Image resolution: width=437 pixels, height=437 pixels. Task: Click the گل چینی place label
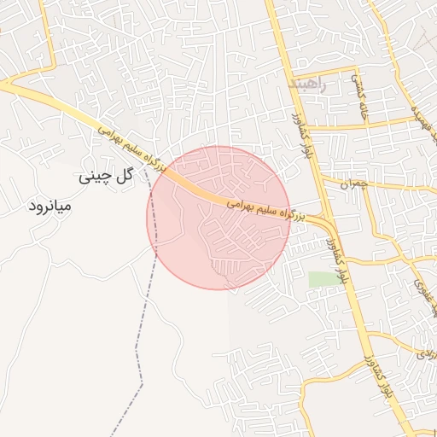click(x=108, y=177)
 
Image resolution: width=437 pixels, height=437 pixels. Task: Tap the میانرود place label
click(x=50, y=206)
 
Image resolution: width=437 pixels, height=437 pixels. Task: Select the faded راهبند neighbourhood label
click(x=308, y=85)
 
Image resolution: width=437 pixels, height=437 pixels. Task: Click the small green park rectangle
click(x=323, y=279)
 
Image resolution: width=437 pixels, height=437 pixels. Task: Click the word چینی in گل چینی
click(x=95, y=178)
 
